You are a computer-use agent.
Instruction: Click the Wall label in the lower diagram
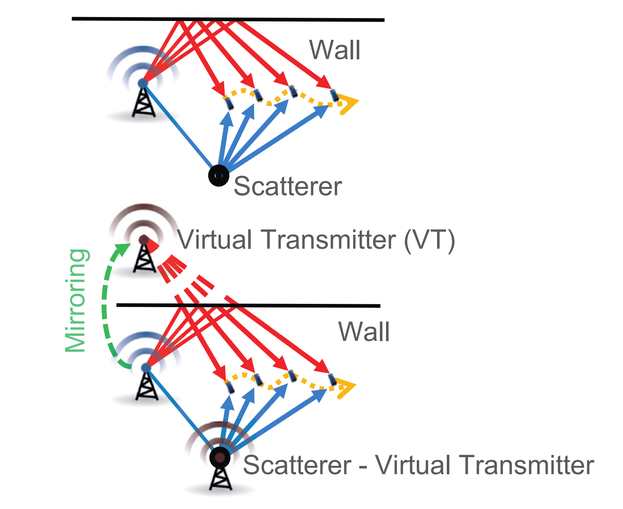pyautogui.click(x=364, y=332)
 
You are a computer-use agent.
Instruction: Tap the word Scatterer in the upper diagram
pyautogui.click(x=288, y=186)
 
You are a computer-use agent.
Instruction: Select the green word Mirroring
pyautogui.click(x=76, y=300)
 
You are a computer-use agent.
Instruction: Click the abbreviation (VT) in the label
pyautogui.click(x=429, y=240)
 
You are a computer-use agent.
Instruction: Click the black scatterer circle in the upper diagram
pyautogui.click(x=219, y=175)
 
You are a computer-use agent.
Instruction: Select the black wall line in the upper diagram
pyautogui.click(x=228, y=19)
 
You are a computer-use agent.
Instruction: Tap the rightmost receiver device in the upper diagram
pyautogui.click(x=335, y=95)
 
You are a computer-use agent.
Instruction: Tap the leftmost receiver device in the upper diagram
pyautogui.click(x=229, y=103)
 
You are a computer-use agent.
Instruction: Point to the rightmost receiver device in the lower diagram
pyautogui.click(x=332, y=379)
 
